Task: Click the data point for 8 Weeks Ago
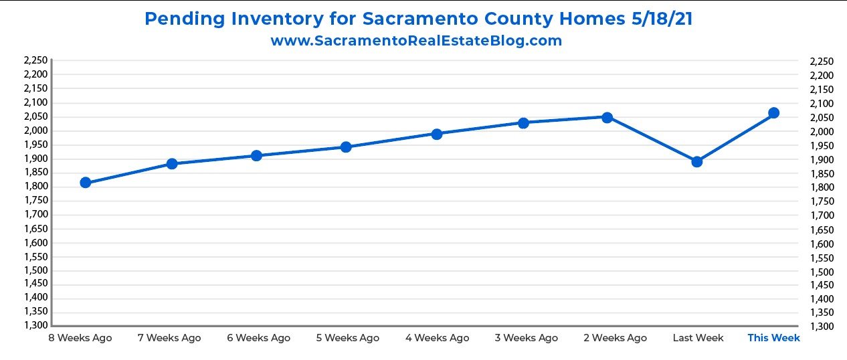click(85, 183)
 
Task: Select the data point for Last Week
click(696, 161)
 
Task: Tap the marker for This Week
click(773, 113)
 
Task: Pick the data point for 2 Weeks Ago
click(607, 118)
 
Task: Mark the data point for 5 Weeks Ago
click(346, 147)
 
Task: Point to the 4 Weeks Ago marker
click(436, 134)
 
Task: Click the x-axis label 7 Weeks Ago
click(169, 338)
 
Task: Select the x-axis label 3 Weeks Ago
click(526, 338)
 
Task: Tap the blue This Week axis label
click(773, 338)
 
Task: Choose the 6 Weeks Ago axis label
click(258, 338)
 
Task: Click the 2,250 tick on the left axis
click(35, 61)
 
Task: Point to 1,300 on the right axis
click(822, 327)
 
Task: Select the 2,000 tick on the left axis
click(35, 130)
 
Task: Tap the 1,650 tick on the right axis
click(822, 230)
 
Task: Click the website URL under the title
click(416, 41)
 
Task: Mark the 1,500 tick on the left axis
click(35, 270)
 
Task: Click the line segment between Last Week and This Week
click(735, 137)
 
